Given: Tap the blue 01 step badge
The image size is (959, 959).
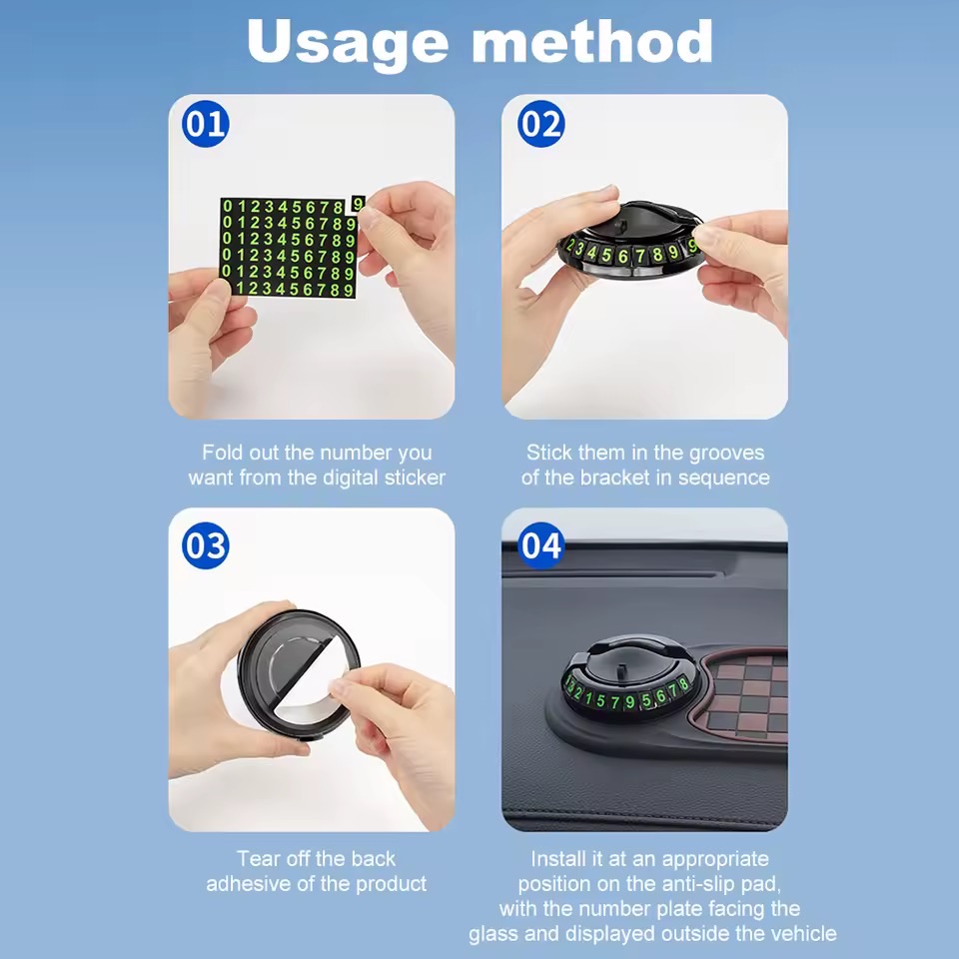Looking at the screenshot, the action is pos(206,124).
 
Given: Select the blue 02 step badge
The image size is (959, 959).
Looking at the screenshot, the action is pos(540,124).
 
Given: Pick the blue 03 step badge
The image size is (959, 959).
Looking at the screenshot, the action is pos(206,545).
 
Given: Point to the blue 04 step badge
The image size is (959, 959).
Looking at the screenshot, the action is pos(540,545).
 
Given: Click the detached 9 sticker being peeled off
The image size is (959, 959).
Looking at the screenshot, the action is pos(359,203).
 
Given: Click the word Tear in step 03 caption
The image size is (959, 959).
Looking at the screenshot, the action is pos(258,859).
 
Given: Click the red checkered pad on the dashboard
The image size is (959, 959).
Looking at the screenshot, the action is pos(740,695).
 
